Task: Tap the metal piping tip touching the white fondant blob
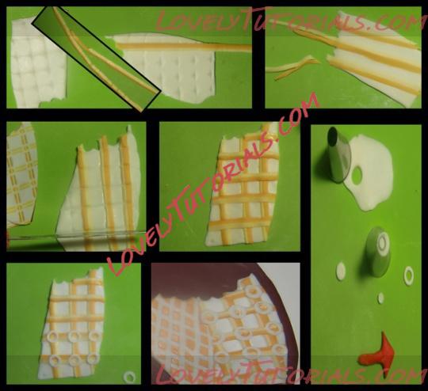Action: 338,154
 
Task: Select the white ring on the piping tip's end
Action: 382,243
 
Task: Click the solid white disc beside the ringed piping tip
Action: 341,271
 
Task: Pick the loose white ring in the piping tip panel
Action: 409,275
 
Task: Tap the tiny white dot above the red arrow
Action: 380,298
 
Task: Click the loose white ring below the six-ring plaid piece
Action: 130,377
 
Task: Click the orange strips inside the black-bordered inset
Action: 101,59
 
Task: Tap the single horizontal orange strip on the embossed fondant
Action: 184,47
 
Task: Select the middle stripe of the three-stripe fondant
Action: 109,191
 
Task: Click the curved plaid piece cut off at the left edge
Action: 21,174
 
